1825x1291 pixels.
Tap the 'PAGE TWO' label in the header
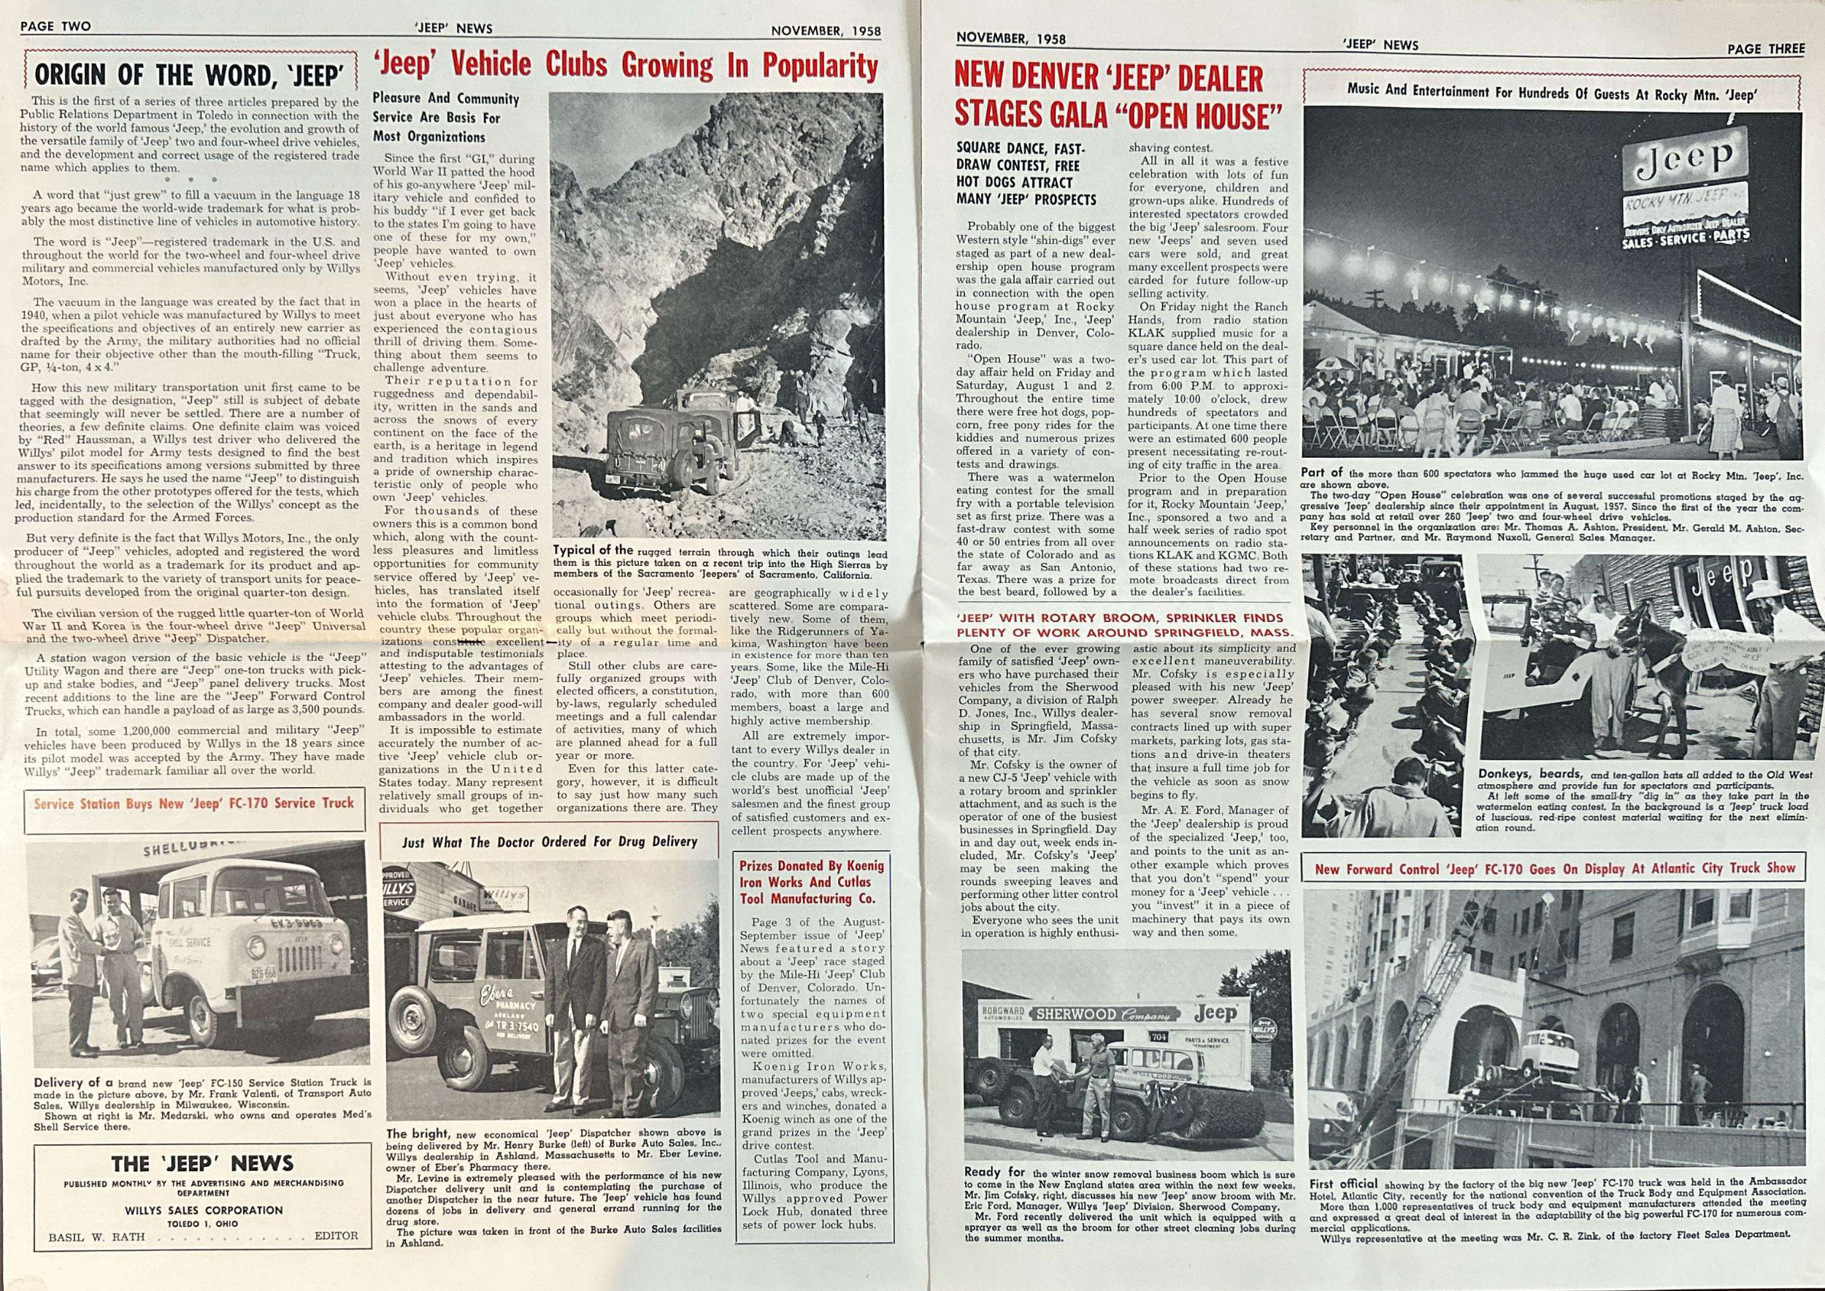[x=55, y=26]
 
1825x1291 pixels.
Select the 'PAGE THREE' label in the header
[x=1765, y=48]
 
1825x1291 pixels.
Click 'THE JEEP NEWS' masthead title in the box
[x=202, y=1164]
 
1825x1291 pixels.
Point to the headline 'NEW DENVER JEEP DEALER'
[x=1108, y=79]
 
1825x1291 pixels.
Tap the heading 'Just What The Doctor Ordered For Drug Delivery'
[x=549, y=841]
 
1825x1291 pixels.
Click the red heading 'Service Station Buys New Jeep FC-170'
[x=194, y=803]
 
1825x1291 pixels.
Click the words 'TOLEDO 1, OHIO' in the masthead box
[x=203, y=1223]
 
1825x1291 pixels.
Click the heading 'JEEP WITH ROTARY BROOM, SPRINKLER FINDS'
[x=1125, y=618]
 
